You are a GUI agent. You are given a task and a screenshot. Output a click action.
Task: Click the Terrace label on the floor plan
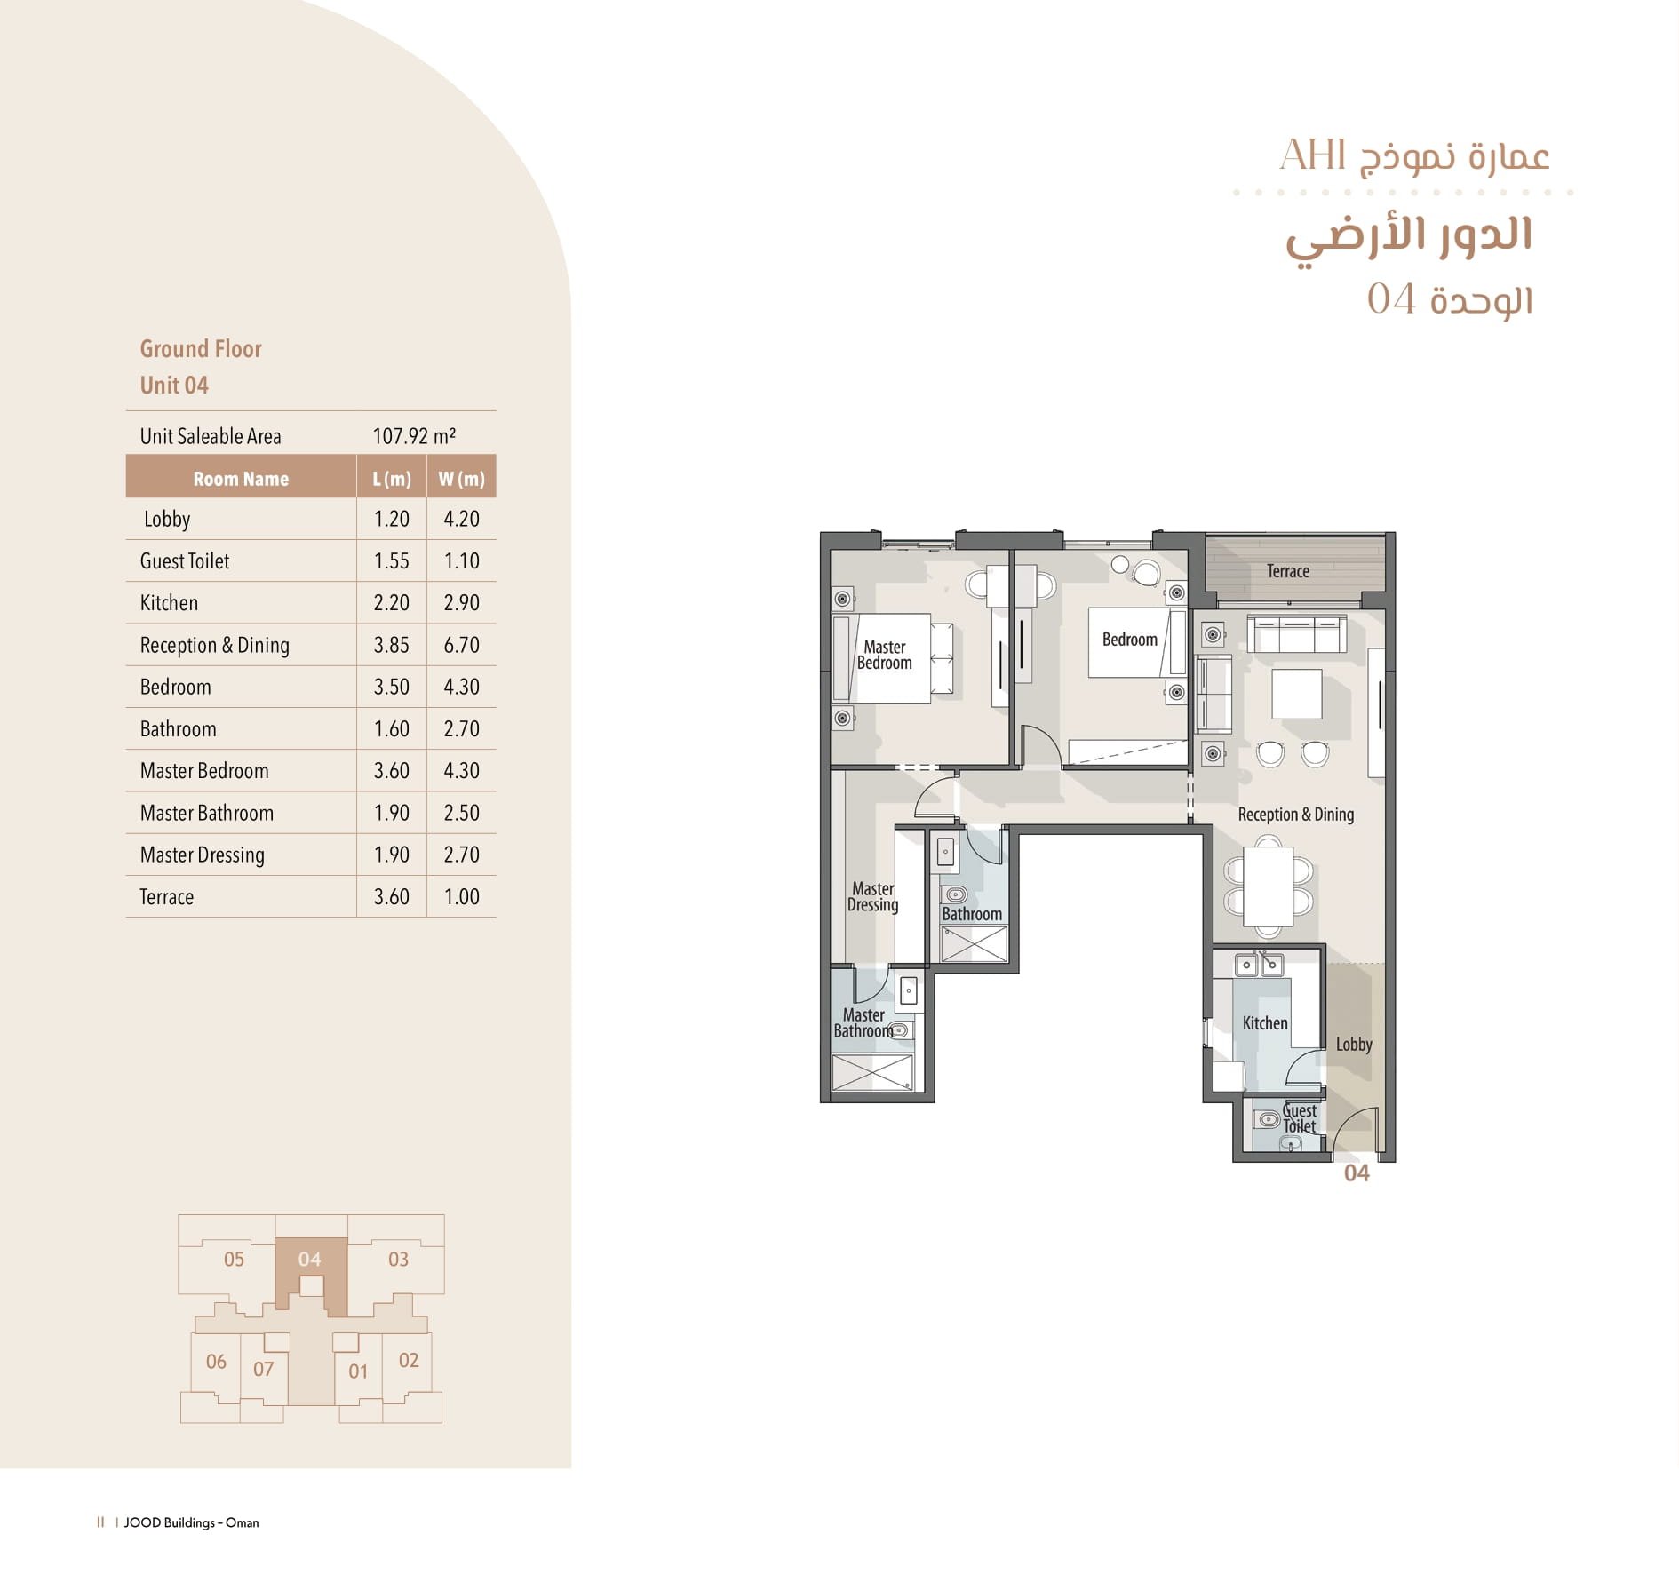tap(1287, 571)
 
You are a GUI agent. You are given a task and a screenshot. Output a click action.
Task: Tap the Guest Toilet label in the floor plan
tap(1299, 1118)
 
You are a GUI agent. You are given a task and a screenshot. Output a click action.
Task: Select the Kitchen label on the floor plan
tap(1264, 1023)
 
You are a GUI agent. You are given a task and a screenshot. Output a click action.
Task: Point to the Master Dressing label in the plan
tap(872, 896)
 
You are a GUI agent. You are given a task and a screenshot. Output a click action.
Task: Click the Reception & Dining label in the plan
tap(1295, 815)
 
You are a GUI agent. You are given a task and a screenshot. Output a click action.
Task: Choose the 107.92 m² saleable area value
tap(414, 436)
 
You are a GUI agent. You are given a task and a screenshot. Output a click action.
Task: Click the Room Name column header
tap(241, 479)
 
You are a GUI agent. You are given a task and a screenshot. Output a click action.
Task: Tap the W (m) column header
tap(461, 479)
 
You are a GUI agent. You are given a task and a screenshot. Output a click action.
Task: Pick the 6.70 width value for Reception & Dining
tap(461, 645)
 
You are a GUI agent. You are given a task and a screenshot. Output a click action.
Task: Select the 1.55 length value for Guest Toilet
tap(391, 561)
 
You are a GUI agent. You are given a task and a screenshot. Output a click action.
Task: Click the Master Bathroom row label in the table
tap(206, 813)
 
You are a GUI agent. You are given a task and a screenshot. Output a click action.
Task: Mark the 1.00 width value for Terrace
tap(461, 897)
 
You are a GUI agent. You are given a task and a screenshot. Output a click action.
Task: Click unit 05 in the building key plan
tap(234, 1260)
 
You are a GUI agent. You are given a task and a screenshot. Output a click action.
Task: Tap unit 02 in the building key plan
tap(409, 1360)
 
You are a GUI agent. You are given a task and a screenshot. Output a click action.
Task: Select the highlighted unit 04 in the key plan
tap(309, 1260)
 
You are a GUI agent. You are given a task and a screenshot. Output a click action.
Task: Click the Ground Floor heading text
tap(201, 349)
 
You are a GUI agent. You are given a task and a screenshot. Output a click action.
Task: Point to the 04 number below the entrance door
tap(1357, 1173)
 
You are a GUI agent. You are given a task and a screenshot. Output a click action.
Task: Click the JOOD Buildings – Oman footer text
tap(191, 1522)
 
